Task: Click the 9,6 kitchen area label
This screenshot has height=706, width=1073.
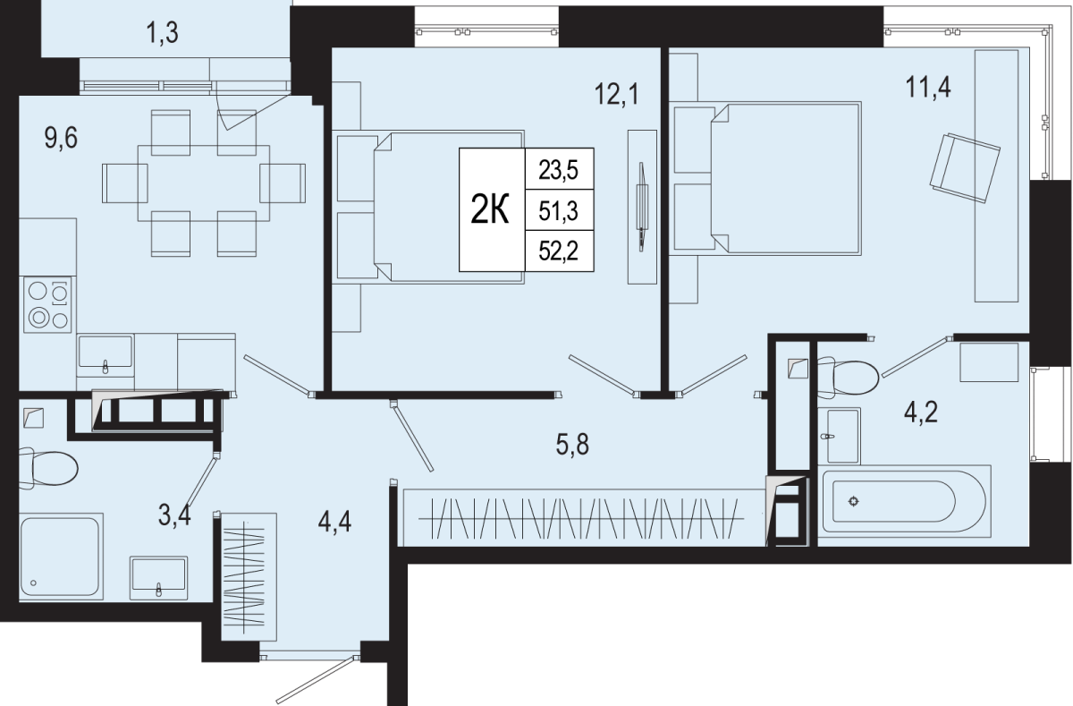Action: click(61, 139)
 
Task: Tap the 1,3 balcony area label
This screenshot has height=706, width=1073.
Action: click(163, 33)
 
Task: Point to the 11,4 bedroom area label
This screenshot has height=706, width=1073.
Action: click(928, 88)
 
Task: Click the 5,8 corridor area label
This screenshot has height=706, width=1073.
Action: click(572, 445)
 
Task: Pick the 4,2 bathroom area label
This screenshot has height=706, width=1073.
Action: click(921, 413)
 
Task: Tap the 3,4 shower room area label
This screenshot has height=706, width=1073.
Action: click(175, 515)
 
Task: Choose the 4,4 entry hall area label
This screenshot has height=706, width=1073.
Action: click(334, 522)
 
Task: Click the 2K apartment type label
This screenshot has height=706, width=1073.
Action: click(490, 210)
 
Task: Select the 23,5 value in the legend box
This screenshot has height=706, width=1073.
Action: click(559, 170)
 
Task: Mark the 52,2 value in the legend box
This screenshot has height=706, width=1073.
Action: click(559, 251)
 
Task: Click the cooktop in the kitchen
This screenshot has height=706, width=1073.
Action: click(47, 305)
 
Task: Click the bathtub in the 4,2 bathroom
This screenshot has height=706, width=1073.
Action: click(904, 501)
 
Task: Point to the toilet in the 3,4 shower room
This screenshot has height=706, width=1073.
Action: click(48, 468)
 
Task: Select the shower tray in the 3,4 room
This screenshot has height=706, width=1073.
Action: click(61, 557)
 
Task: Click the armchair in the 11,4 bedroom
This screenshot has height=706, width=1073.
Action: click(965, 168)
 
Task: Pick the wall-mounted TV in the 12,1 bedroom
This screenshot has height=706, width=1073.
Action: click(641, 206)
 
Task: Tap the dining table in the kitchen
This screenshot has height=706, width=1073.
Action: click(204, 183)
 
